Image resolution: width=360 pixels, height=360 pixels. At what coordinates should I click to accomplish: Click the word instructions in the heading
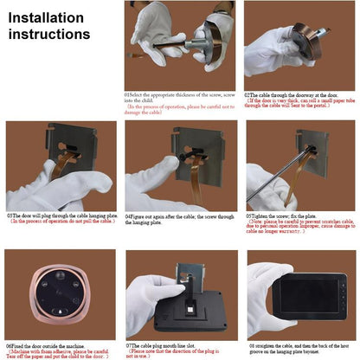(x=49, y=35)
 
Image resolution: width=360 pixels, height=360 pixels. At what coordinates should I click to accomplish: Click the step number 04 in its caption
(x=128, y=216)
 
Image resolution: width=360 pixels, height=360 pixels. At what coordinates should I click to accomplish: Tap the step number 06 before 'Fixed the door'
(x=10, y=344)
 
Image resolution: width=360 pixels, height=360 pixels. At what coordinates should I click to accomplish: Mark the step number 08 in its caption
(x=249, y=344)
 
